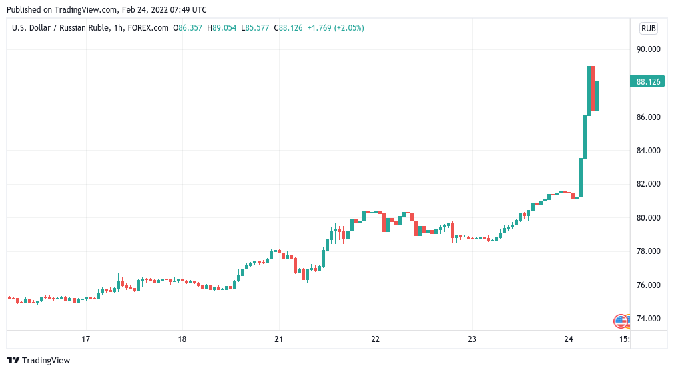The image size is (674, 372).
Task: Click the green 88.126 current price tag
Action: [x=648, y=81]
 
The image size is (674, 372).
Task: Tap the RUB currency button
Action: [x=648, y=28]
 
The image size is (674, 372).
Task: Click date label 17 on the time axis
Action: [x=86, y=339]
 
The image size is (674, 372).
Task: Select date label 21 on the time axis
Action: [x=279, y=339]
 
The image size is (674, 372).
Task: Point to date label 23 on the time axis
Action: [x=472, y=339]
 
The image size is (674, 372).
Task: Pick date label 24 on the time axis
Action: [x=568, y=339]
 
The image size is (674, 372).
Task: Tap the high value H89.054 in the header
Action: [x=222, y=28]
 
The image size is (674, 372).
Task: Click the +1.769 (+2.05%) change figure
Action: [x=336, y=28]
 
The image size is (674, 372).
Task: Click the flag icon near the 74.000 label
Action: [x=621, y=321]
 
